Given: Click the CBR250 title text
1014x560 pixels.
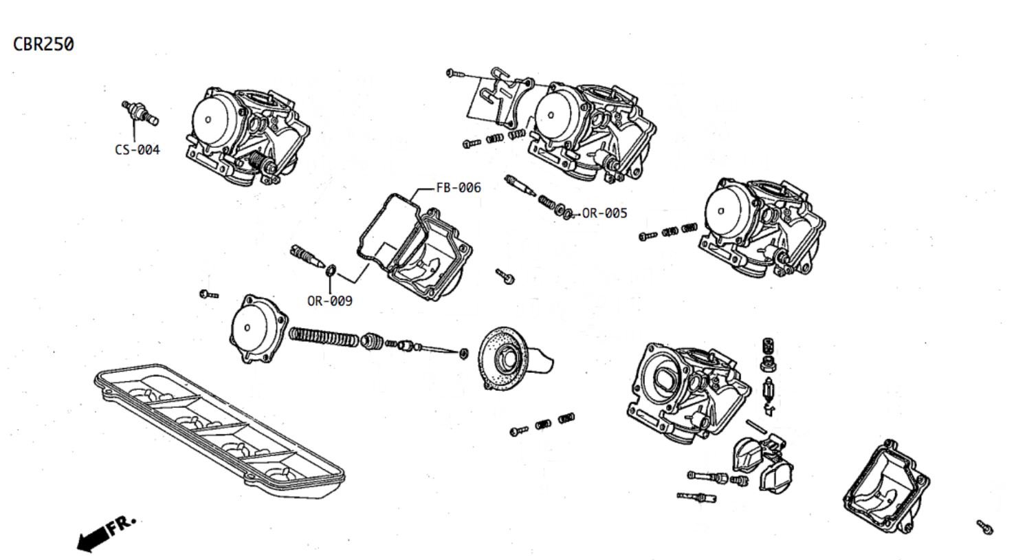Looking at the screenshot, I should (43, 44).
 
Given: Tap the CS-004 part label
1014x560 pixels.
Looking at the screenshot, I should (137, 150).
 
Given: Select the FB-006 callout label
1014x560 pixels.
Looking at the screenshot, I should (459, 187).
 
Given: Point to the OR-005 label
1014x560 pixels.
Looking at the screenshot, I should (604, 213).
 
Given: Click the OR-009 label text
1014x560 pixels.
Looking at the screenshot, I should (329, 301).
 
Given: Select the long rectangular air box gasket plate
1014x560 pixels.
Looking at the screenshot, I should (219, 430).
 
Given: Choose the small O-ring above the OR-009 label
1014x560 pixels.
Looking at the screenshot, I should (331, 270).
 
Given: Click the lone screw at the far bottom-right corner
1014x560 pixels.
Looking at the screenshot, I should (985, 527).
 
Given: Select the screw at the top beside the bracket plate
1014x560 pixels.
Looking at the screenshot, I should (456, 72).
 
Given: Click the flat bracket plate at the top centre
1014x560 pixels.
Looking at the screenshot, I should (500, 96).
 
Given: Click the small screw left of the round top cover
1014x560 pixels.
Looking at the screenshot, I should (208, 294).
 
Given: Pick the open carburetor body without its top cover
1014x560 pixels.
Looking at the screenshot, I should (684, 391).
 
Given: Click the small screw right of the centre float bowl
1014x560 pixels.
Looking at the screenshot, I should (505, 277).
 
